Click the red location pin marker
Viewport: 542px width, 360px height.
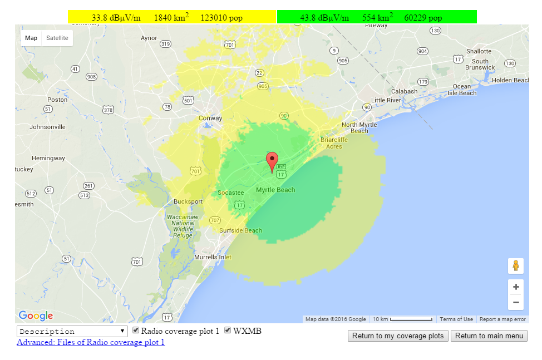pyautogui.click(x=272, y=161)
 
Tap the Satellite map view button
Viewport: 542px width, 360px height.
pyautogui.click(x=57, y=38)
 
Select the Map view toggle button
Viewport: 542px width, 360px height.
pyautogui.click(x=31, y=38)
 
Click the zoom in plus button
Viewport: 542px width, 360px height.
pyautogui.click(x=516, y=287)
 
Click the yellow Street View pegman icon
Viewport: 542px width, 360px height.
pyautogui.click(x=516, y=265)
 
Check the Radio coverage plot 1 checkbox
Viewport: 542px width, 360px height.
pyautogui.click(x=136, y=331)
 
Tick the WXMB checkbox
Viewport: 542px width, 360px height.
pyautogui.click(x=228, y=331)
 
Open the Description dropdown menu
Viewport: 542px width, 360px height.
pyautogui.click(x=72, y=332)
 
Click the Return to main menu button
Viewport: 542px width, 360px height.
pyautogui.click(x=489, y=336)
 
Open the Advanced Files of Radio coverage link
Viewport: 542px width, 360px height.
pyautogui.click(x=91, y=342)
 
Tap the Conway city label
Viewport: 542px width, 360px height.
pyautogui.click(x=210, y=118)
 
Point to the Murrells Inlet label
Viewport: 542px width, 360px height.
pyautogui.click(x=213, y=257)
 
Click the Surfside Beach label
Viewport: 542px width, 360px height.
pyautogui.click(x=240, y=230)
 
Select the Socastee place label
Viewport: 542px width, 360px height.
pyautogui.click(x=230, y=193)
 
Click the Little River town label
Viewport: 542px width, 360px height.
pyautogui.click(x=386, y=100)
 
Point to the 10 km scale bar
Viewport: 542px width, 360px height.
pyautogui.click(x=402, y=319)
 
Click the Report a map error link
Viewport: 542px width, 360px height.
pyautogui.click(x=502, y=319)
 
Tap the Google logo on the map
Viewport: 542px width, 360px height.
pyautogui.click(x=36, y=316)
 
